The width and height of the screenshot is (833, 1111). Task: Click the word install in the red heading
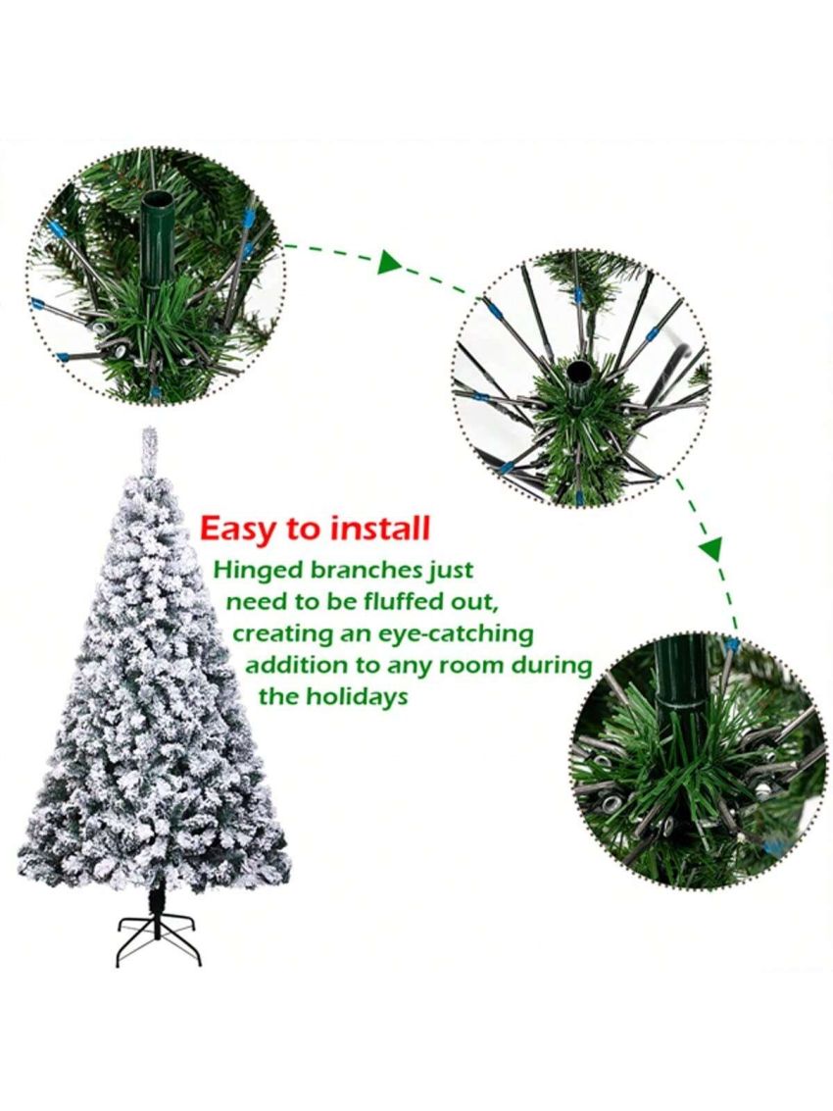pyautogui.click(x=381, y=530)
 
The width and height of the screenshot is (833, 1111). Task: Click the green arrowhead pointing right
pyautogui.click(x=390, y=262)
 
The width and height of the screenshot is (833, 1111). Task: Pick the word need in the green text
pyautogui.click(x=255, y=601)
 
